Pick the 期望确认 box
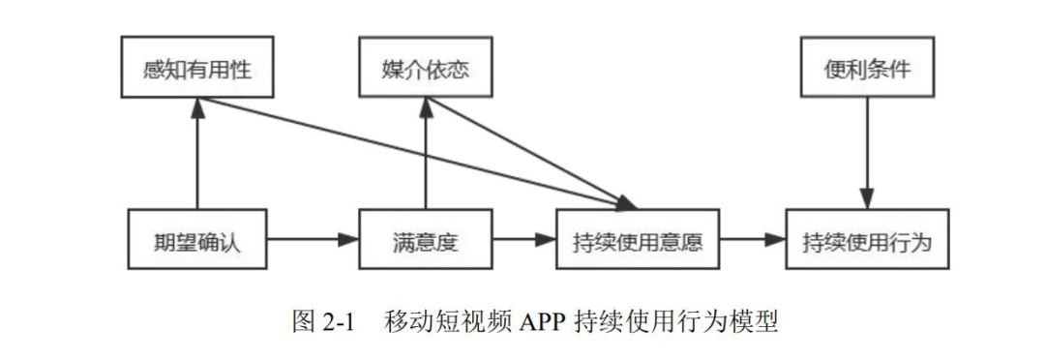(x=196, y=240)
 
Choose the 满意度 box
(x=425, y=240)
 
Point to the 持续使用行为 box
(x=867, y=240)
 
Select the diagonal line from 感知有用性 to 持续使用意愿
(x=406, y=152)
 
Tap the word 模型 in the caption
(x=757, y=321)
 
